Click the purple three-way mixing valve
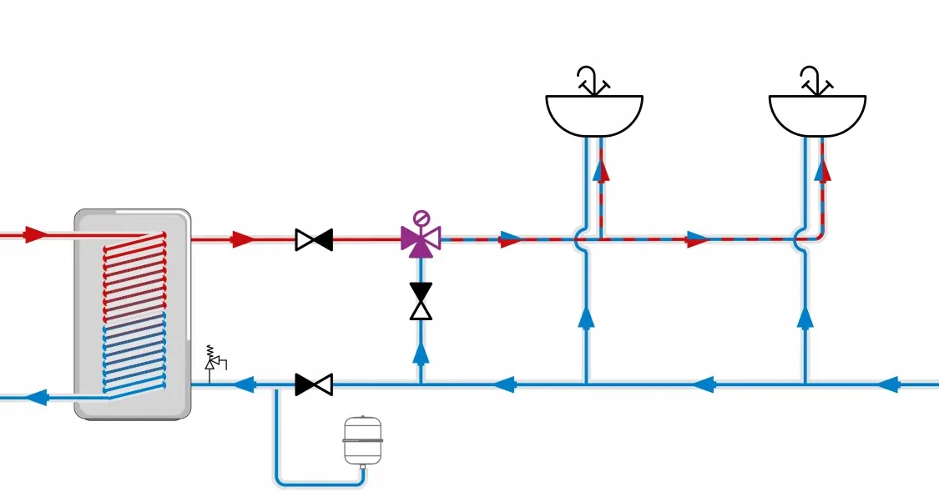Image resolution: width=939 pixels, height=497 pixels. click(420, 240)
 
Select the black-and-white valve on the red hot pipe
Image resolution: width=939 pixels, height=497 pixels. click(314, 240)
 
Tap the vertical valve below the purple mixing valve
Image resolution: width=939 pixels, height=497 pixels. click(421, 301)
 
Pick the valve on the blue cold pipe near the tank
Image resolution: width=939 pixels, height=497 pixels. click(314, 384)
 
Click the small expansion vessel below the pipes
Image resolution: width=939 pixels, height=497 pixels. click(363, 439)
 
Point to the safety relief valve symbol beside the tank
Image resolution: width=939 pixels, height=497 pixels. click(213, 360)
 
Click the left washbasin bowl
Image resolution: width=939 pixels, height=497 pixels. click(593, 115)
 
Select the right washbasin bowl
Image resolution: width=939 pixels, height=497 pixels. click(816, 115)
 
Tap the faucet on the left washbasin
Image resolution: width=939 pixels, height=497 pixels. click(592, 81)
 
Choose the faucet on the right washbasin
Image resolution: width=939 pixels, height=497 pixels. click(815, 81)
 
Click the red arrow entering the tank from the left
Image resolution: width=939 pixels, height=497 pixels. click(35, 235)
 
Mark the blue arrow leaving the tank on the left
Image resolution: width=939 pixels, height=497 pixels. click(36, 397)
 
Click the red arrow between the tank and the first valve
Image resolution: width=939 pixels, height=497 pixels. click(243, 240)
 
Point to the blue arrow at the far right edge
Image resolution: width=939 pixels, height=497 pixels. click(890, 384)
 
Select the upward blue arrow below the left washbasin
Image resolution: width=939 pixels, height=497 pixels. click(586, 316)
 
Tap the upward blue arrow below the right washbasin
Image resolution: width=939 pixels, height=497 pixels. click(805, 316)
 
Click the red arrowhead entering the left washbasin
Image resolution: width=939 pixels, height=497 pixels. click(601, 171)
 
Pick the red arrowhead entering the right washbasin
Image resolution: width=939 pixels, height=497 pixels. click(823, 171)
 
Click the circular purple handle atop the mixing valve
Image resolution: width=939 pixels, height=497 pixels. click(422, 218)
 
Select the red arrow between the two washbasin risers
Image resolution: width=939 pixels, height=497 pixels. click(697, 240)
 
